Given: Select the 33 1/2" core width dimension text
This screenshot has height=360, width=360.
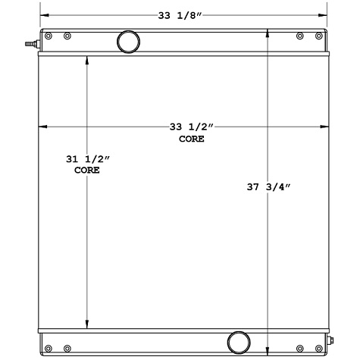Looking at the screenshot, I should tap(192, 127).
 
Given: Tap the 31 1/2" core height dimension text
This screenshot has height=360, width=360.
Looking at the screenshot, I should tap(87, 159).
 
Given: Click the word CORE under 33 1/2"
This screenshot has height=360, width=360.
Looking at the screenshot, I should tap(192, 139).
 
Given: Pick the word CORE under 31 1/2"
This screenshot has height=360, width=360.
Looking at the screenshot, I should tap(87, 171).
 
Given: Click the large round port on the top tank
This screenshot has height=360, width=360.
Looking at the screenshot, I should tap(128, 40).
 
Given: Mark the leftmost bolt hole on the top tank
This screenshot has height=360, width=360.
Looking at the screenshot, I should tap(49, 36).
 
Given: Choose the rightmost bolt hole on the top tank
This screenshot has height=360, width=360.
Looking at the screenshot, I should tap(320, 36).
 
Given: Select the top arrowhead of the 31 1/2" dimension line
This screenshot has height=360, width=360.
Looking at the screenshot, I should tap(87, 62).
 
